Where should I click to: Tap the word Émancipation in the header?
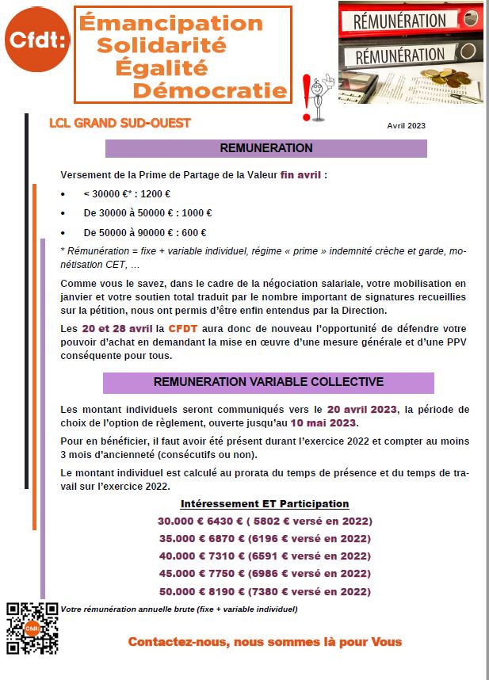(x=171, y=24)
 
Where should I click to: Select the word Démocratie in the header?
(x=210, y=90)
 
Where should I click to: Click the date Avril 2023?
(x=406, y=127)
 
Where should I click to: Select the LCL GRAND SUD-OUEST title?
(x=120, y=124)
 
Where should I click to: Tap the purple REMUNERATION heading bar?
(x=266, y=148)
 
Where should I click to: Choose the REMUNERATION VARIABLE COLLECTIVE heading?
(x=269, y=382)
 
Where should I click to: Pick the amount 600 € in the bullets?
(x=192, y=232)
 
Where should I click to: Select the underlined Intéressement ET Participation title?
(x=265, y=504)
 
